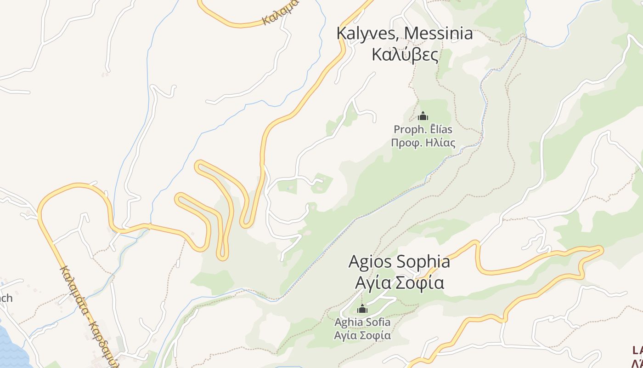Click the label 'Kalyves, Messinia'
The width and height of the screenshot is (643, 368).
(x=405, y=34)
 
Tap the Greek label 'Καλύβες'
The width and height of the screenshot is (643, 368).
(x=405, y=54)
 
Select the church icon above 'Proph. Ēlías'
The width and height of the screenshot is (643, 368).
(x=423, y=116)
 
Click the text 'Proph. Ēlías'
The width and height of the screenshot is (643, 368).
(x=423, y=130)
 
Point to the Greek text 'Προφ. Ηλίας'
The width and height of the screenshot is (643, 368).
(x=423, y=143)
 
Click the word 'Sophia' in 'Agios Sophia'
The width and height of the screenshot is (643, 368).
(x=423, y=262)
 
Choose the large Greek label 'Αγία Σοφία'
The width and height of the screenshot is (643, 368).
(x=400, y=282)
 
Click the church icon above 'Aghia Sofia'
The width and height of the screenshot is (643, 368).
(x=362, y=309)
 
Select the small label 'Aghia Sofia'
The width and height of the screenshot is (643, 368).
(x=362, y=322)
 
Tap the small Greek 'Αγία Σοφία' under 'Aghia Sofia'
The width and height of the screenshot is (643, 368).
(x=362, y=335)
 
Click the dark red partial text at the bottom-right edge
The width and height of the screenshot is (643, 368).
(x=637, y=354)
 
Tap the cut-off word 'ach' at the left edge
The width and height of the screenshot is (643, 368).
(x=6, y=298)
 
